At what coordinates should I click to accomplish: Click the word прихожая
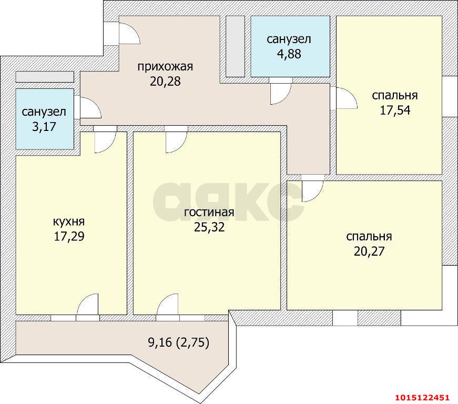pyautogui.click(x=165, y=67)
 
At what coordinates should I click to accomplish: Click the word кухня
pyautogui.click(x=69, y=221)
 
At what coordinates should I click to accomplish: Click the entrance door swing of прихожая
pyautogui.click(x=129, y=33)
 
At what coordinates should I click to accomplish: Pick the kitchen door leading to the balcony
pyautogui.click(x=88, y=306)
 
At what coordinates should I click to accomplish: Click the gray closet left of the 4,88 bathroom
pyautogui.click(x=235, y=47)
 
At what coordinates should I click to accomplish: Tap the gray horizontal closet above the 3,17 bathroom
pyautogui.click(x=44, y=77)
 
